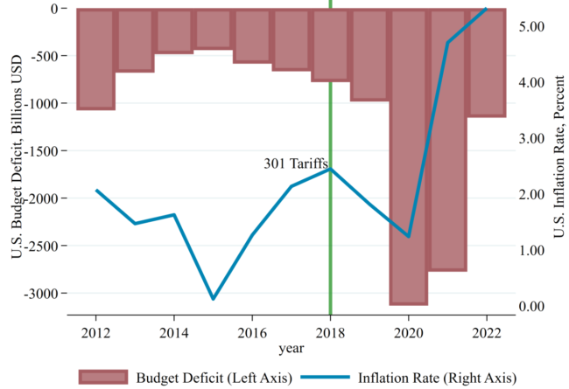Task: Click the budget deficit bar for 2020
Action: (x=409, y=157)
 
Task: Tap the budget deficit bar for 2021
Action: (x=448, y=140)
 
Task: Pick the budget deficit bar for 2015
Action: (x=213, y=29)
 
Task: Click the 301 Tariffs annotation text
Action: (x=296, y=163)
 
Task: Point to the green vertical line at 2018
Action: (x=331, y=245)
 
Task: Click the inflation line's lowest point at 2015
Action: (x=213, y=299)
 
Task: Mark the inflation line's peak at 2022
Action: (x=486, y=9)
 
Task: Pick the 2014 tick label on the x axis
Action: (x=174, y=333)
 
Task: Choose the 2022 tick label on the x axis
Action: (x=487, y=333)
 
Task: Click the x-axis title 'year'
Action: (x=292, y=350)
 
